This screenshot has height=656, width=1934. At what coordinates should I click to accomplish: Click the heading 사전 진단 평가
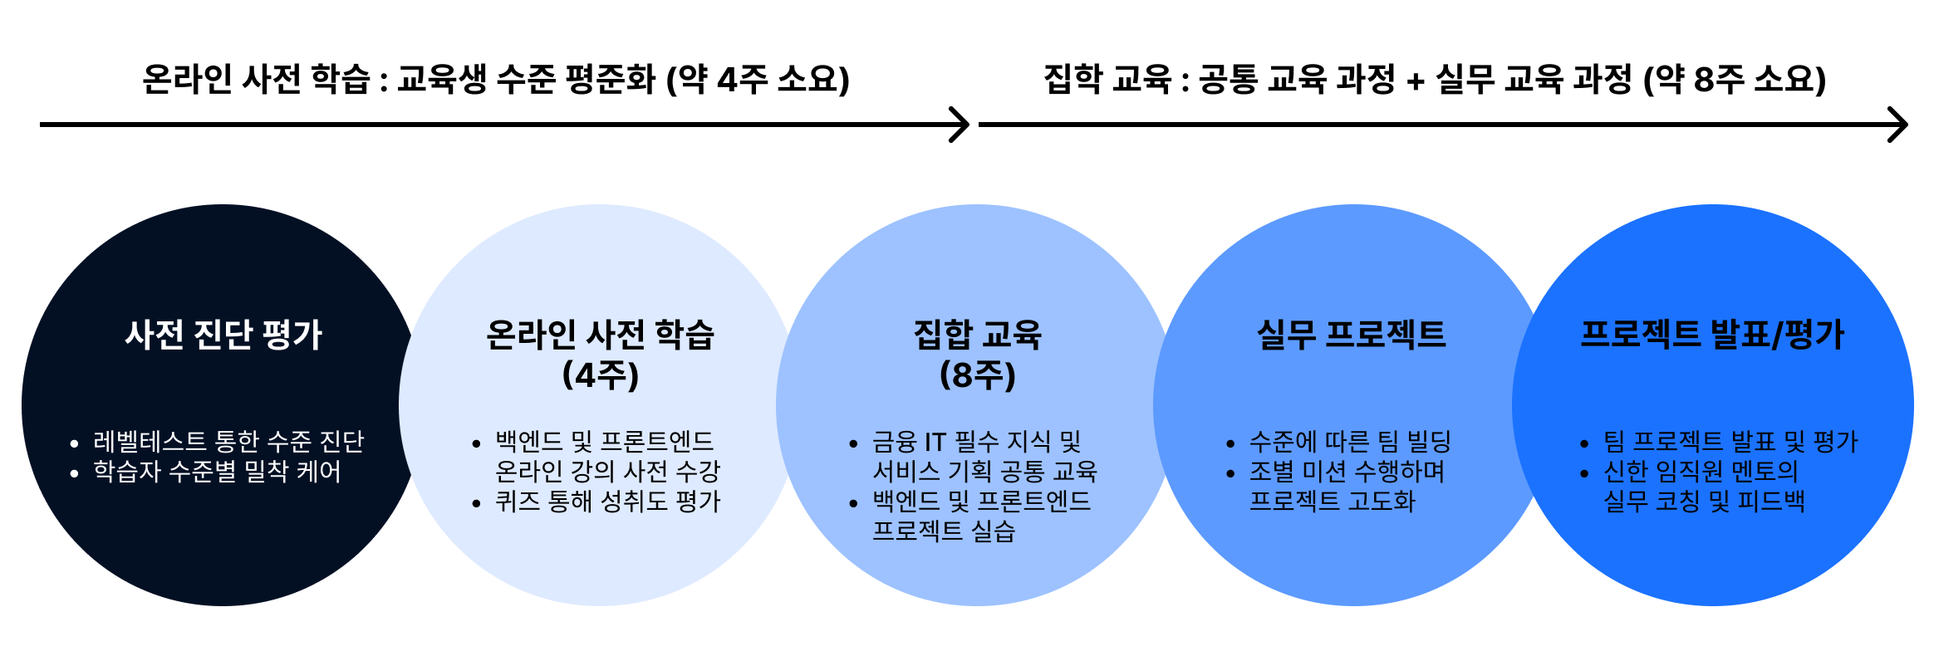[x=223, y=335]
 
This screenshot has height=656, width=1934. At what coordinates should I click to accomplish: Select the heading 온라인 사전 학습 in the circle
[x=600, y=335]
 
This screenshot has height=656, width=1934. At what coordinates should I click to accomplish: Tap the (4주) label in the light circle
[x=600, y=375]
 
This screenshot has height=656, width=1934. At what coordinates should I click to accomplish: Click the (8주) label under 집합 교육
[x=977, y=375]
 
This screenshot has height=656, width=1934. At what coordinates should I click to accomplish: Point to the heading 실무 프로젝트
[x=1351, y=335]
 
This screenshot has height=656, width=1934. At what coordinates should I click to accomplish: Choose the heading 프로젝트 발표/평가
[x=1711, y=335]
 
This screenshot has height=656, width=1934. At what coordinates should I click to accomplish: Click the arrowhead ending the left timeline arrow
[x=962, y=125]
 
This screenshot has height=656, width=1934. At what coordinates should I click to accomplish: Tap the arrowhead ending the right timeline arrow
[x=1899, y=125]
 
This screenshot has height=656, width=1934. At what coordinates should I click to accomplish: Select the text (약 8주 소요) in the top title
[x=1735, y=80]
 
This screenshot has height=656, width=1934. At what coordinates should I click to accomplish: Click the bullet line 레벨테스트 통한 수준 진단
[x=228, y=441]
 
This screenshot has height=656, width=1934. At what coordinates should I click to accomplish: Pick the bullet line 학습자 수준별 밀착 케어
[x=217, y=471]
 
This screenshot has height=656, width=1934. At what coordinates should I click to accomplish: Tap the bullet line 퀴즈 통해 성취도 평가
[x=607, y=501]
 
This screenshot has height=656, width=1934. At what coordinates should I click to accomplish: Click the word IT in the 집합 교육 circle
[x=935, y=441]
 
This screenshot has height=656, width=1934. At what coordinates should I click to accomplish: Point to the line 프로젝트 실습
[x=944, y=531]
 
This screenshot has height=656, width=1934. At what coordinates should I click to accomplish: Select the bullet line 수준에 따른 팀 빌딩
[x=1350, y=441]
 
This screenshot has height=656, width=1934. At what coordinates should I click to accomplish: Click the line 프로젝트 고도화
[x=1332, y=501]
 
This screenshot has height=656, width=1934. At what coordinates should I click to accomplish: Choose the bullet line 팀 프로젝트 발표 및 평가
[x=1730, y=441]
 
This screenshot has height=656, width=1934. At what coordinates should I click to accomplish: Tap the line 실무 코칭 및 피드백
[x=1704, y=501]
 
